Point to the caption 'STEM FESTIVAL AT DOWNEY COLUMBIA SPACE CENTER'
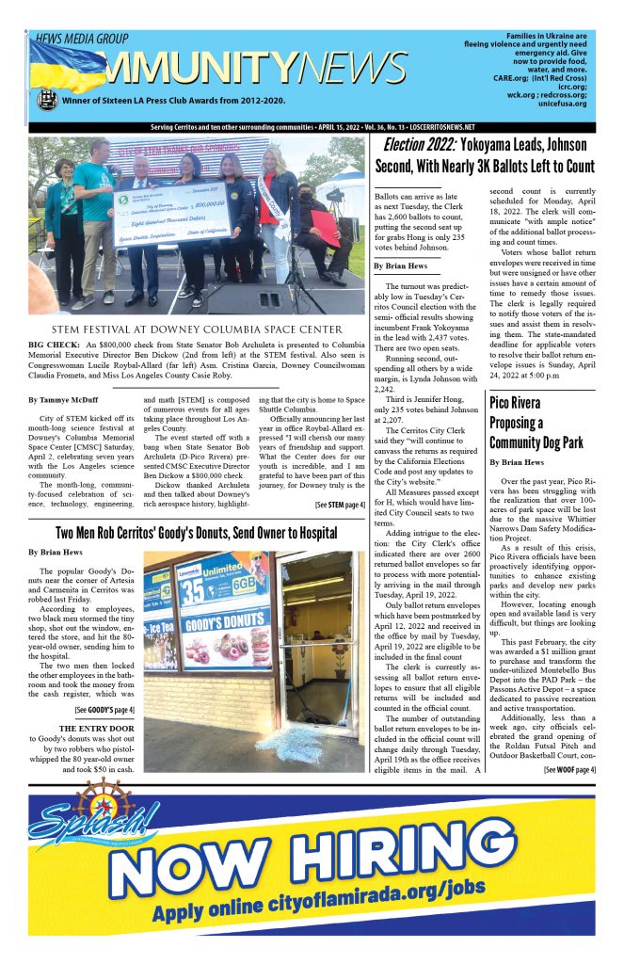coord(197,329)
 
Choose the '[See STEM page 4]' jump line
coord(339,505)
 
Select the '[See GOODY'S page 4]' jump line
coord(104,709)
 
